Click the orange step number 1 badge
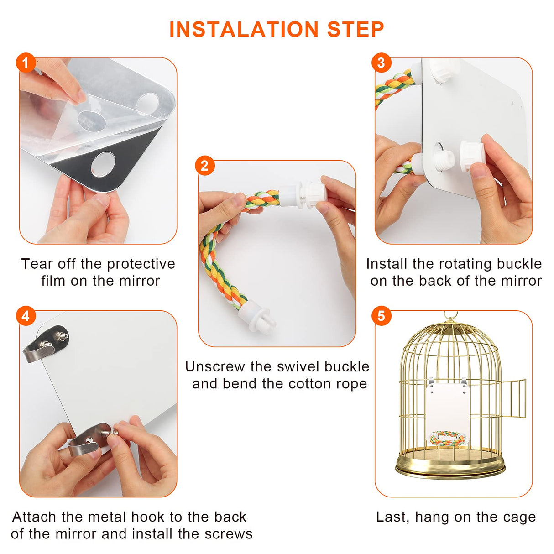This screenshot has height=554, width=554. coord(26,63)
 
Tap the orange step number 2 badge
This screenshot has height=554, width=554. coord(204,166)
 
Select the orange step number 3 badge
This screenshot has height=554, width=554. coord(381,63)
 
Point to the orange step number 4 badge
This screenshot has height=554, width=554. coord(26,316)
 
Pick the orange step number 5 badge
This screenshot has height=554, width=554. coord(381,316)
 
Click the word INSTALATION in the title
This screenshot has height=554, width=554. coord(244,30)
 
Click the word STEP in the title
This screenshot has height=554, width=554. coord(356,30)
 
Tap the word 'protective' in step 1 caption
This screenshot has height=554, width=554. coord(141,264)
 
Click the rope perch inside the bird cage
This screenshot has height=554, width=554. coord(447,438)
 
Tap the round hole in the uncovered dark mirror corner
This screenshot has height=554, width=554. coord(103,165)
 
